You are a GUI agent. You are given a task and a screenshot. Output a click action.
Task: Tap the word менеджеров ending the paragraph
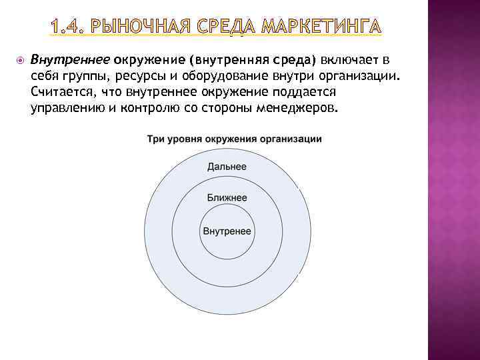[x=297, y=107]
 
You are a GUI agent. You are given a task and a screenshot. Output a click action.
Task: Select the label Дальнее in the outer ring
[x=227, y=167]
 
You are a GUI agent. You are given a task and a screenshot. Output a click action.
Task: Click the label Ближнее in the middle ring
[x=227, y=198]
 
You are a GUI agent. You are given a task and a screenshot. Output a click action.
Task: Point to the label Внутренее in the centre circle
[x=227, y=231]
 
